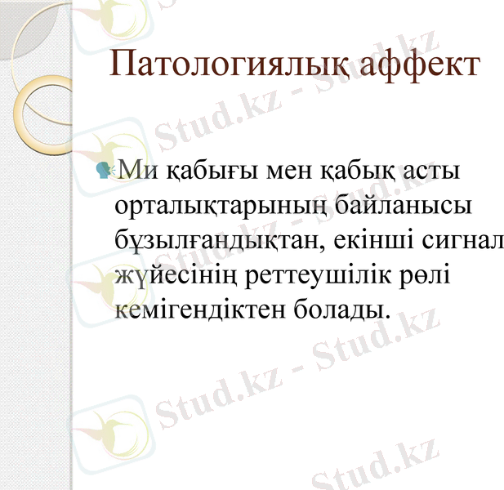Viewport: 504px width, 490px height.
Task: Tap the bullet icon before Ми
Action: (x=105, y=169)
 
